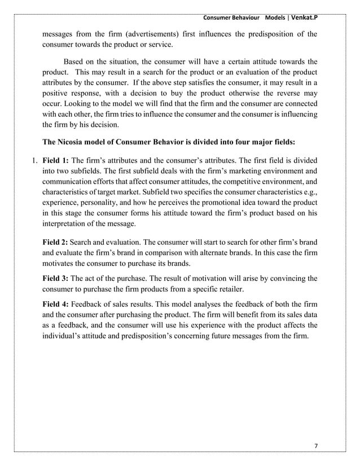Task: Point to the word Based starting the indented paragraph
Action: click(x=74, y=61)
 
